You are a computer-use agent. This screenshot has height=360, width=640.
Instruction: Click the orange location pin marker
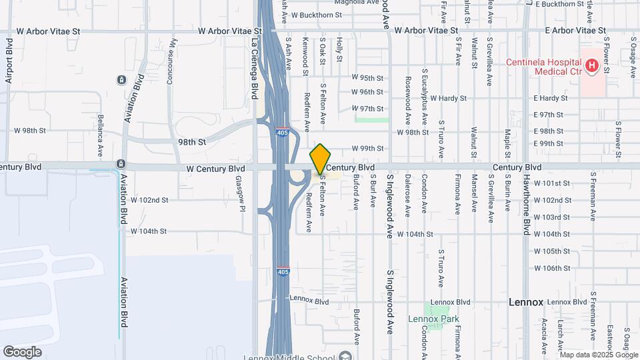point(321,159)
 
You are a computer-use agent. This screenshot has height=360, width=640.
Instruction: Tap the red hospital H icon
point(591,65)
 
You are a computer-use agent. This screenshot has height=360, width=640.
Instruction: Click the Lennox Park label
point(433,319)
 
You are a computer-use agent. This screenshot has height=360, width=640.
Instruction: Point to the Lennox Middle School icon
point(344,355)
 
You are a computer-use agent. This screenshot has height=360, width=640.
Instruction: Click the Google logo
point(22,351)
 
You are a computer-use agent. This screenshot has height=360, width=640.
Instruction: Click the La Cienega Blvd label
point(254,59)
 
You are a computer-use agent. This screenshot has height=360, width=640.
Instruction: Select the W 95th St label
point(367,77)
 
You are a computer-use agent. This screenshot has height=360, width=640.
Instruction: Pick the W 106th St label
point(551,268)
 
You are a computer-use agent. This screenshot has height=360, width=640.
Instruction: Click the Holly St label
point(339,50)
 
